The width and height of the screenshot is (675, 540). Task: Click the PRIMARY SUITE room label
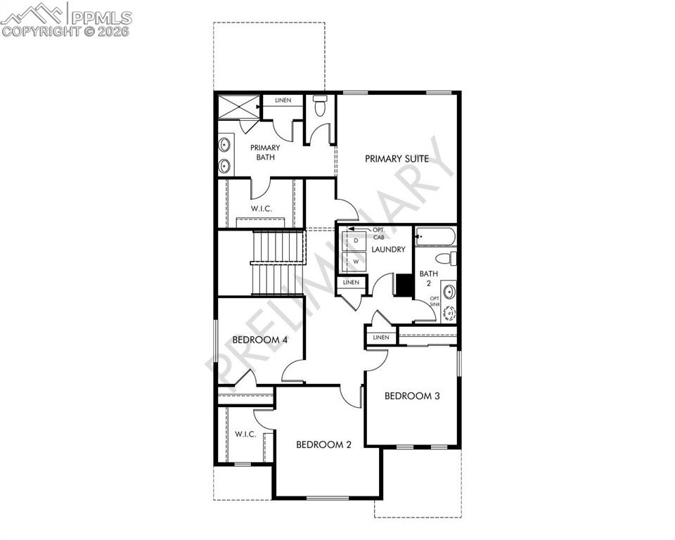pos(397,159)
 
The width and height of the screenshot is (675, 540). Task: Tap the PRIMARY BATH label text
pos(265,153)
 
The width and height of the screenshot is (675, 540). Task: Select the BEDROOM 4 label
pos(259,340)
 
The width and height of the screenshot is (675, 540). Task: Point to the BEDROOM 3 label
pos(412,396)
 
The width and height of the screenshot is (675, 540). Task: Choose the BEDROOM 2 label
pos(323,444)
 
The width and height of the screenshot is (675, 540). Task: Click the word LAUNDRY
pos(388,250)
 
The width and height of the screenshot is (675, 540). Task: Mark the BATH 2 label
pos(429,278)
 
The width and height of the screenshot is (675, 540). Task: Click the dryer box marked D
pos(356,240)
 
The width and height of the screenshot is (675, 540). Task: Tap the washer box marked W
pos(356,261)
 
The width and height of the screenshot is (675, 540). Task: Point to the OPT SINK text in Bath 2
pos(435,302)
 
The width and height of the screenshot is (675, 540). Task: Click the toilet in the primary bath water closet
pos(320,107)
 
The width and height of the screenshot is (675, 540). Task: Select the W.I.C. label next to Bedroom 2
pos(245,434)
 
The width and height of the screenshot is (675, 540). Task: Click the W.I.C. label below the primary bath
pos(262,209)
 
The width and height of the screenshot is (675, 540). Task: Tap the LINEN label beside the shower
pos(283,101)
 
